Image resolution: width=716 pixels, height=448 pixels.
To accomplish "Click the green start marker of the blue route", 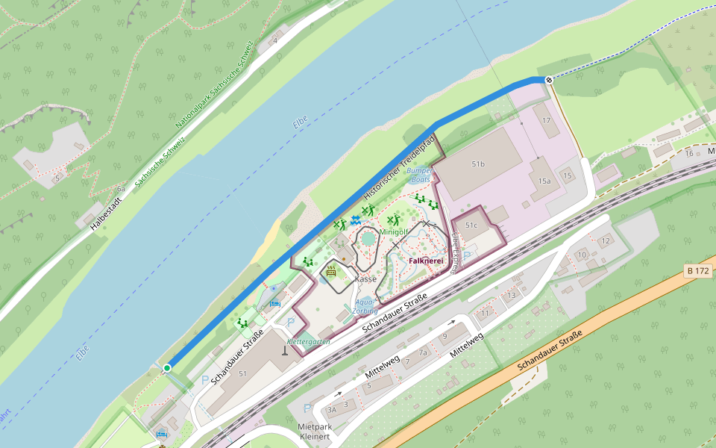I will click(167, 367).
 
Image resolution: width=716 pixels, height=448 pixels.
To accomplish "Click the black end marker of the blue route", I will click(549, 79).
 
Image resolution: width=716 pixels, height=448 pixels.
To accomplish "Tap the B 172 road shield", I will click(697, 270).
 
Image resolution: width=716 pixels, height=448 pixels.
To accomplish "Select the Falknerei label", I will click(426, 261).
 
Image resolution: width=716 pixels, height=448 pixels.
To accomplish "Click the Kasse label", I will click(366, 279).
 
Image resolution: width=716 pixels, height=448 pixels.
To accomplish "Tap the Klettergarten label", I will click(309, 341).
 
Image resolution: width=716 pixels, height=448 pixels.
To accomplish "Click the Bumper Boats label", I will click(420, 175).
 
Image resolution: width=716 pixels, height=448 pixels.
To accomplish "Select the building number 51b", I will click(478, 164).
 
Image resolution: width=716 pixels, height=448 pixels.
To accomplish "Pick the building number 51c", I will click(472, 225).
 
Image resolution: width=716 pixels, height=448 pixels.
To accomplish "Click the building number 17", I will click(547, 120).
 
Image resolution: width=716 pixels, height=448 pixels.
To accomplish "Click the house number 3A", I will click(333, 410).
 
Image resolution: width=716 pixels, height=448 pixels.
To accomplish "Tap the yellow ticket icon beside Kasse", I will click(331, 272).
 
